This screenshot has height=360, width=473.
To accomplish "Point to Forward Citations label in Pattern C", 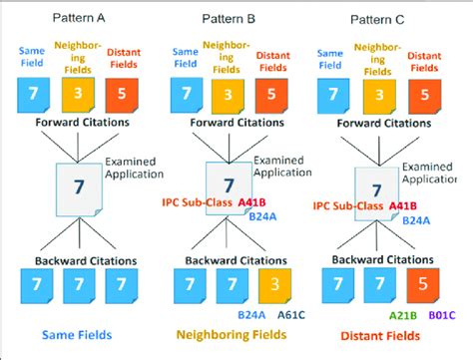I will pyautogui.click(x=382, y=126).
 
